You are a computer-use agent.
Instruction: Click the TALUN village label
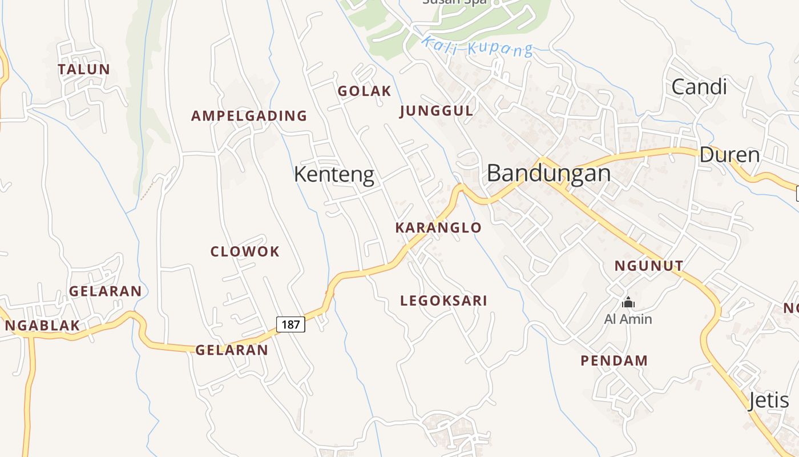[84, 70]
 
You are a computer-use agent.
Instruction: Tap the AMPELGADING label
[249, 116]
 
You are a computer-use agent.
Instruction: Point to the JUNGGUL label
[437, 111]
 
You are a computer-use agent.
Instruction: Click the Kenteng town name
[334, 175]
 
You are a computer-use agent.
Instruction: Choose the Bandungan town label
[548, 173]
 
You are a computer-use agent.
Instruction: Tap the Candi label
[699, 87]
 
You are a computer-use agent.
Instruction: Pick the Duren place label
[729, 155]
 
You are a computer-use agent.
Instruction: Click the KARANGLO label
[438, 228]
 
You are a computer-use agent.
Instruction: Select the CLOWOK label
[245, 252]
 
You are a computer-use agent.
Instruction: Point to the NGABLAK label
[42, 326]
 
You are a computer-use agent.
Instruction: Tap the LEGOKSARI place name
[443, 301]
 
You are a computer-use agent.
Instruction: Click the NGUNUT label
[648, 266]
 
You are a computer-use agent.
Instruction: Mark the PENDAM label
[614, 361]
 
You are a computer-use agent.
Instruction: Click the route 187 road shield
[290, 324]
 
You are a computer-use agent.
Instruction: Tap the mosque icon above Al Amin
[628, 302]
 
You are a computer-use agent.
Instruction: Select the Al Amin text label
[628, 319]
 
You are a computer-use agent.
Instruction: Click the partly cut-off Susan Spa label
[454, 2]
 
